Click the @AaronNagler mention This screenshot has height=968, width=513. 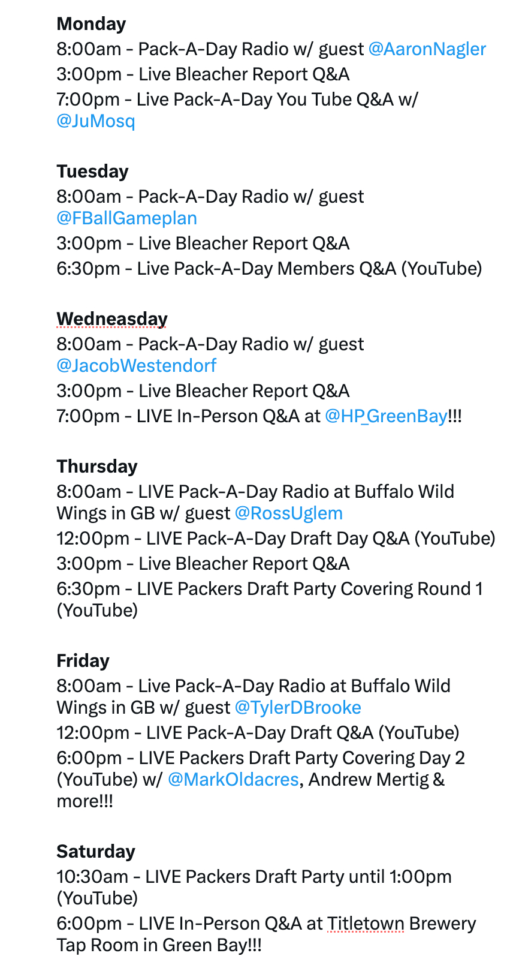tap(427, 49)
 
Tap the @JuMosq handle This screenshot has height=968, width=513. tap(96, 121)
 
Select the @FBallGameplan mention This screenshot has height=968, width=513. tap(127, 219)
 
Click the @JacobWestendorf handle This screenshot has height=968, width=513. tap(137, 366)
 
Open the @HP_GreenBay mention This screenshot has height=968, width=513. tap(386, 417)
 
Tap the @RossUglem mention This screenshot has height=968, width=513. tap(289, 514)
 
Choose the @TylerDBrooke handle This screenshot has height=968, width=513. tap(298, 708)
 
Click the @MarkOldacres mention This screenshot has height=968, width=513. tap(233, 780)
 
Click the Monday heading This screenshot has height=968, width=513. tap(92, 24)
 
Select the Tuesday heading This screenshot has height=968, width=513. tap(92, 172)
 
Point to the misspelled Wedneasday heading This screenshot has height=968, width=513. tap(112, 319)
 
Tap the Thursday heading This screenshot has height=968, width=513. tap(97, 467)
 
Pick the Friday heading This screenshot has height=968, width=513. tap(83, 661)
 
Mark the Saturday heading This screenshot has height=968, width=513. tap(96, 852)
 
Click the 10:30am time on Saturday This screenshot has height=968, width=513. tap(92, 877)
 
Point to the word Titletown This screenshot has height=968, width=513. tap(366, 924)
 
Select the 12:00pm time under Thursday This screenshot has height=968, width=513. tap(93, 539)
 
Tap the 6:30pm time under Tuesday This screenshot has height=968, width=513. tap(88, 269)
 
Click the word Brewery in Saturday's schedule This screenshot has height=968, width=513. tap(443, 924)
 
